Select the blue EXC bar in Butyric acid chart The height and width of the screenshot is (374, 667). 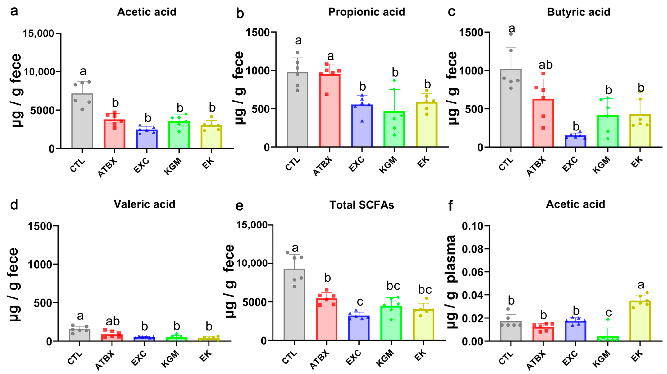point(575,141)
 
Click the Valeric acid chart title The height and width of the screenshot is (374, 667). point(144,204)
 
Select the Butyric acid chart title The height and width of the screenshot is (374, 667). point(578,12)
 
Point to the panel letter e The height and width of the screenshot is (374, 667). point(240,206)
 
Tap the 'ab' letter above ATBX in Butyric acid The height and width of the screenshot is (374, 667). point(546,65)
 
